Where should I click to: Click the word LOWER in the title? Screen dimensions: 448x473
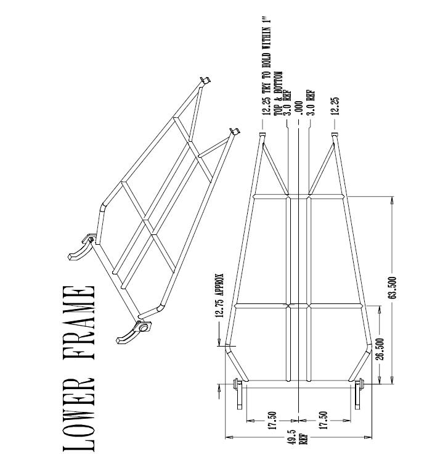pos(79,414)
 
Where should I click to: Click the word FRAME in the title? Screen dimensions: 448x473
pos(79,323)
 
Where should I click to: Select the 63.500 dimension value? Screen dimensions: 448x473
pos(393,287)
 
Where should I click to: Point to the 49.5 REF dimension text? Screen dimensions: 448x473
pos(298,437)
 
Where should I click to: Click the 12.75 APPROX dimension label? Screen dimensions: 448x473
pos(219,295)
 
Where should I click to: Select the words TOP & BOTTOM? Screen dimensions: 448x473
pos(278,93)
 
